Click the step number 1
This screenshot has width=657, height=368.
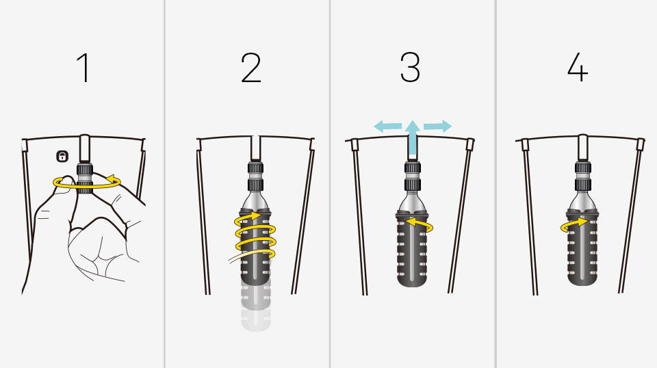pos(83,68)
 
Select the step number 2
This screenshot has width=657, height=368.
pos(251,68)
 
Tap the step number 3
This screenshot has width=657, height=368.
pos(410,67)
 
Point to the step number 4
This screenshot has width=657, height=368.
pos(578,67)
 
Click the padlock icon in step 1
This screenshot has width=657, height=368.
pos(62,157)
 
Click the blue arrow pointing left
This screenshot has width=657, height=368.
pos(388,126)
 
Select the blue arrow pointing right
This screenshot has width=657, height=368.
pos(437,126)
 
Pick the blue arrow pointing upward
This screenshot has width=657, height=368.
pos(413,139)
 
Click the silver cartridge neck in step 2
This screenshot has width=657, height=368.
pos(256,200)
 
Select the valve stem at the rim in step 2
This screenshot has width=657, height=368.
pos(255,148)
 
